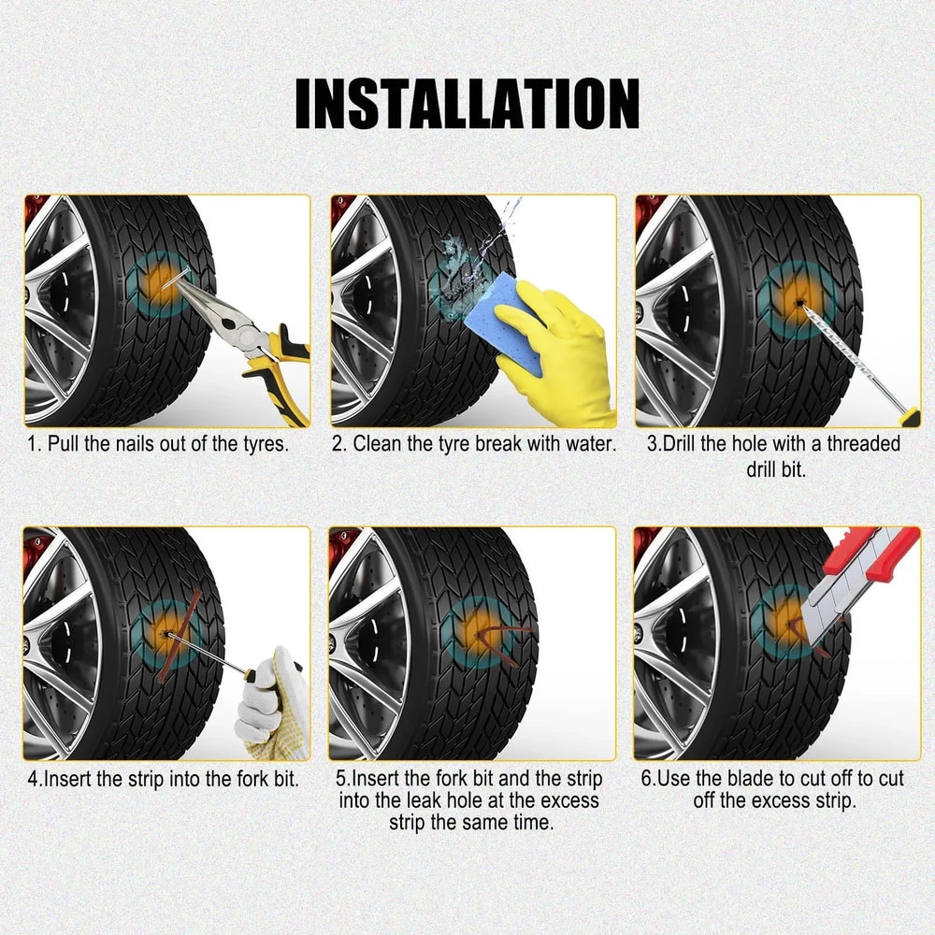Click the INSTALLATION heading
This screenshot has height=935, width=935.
tap(467, 104)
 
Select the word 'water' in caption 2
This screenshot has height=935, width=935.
tap(588, 443)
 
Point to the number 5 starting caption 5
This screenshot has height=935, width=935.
tap(340, 778)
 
